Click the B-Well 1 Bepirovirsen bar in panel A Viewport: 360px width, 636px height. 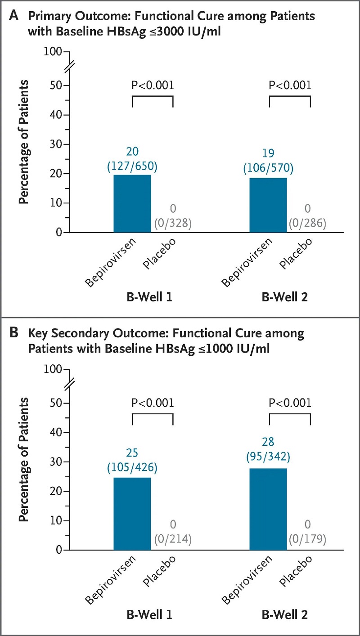[x=132, y=204]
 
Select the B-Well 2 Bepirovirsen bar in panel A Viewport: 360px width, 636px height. [x=268, y=205]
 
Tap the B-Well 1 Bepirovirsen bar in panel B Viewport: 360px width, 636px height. [x=132, y=514]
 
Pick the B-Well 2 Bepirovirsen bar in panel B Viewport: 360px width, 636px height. [x=268, y=509]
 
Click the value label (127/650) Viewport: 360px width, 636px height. [x=132, y=166]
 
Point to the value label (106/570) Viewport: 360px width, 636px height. [x=268, y=168]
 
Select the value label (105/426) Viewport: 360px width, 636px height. [x=132, y=467]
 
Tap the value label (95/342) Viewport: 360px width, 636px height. [x=268, y=457]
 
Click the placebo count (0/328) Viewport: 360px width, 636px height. [x=173, y=223]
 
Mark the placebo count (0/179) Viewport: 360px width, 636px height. [x=307, y=539]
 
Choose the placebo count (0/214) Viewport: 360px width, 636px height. [x=173, y=539]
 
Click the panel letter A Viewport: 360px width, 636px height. [x=13, y=16]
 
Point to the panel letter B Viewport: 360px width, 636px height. [x=13, y=332]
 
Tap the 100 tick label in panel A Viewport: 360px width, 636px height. [x=53, y=52]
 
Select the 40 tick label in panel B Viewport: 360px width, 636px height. [x=56, y=432]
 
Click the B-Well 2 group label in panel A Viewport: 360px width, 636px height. [x=285, y=297]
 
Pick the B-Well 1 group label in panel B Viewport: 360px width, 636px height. [x=149, y=615]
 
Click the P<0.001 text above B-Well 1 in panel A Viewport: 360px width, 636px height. [x=153, y=85]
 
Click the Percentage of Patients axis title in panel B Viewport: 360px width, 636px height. [x=23, y=459]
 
